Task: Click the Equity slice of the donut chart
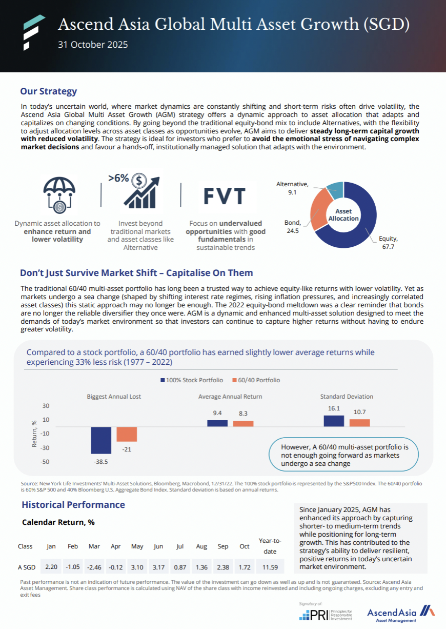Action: [x=359, y=226]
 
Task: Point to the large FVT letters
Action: [x=224, y=196]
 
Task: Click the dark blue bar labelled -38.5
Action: [x=101, y=440]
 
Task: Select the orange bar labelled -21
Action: [x=127, y=434]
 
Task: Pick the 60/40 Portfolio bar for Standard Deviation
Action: [x=359, y=423]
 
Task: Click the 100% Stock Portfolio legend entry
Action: [x=192, y=380]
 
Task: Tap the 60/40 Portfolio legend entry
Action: [x=256, y=380]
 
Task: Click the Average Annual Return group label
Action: [x=230, y=397]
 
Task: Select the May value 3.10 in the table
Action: [x=137, y=567]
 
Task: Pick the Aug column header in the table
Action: [x=201, y=546]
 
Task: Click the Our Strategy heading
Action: [x=48, y=91]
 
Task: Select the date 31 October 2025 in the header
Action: [x=93, y=45]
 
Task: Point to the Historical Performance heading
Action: [x=73, y=505]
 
